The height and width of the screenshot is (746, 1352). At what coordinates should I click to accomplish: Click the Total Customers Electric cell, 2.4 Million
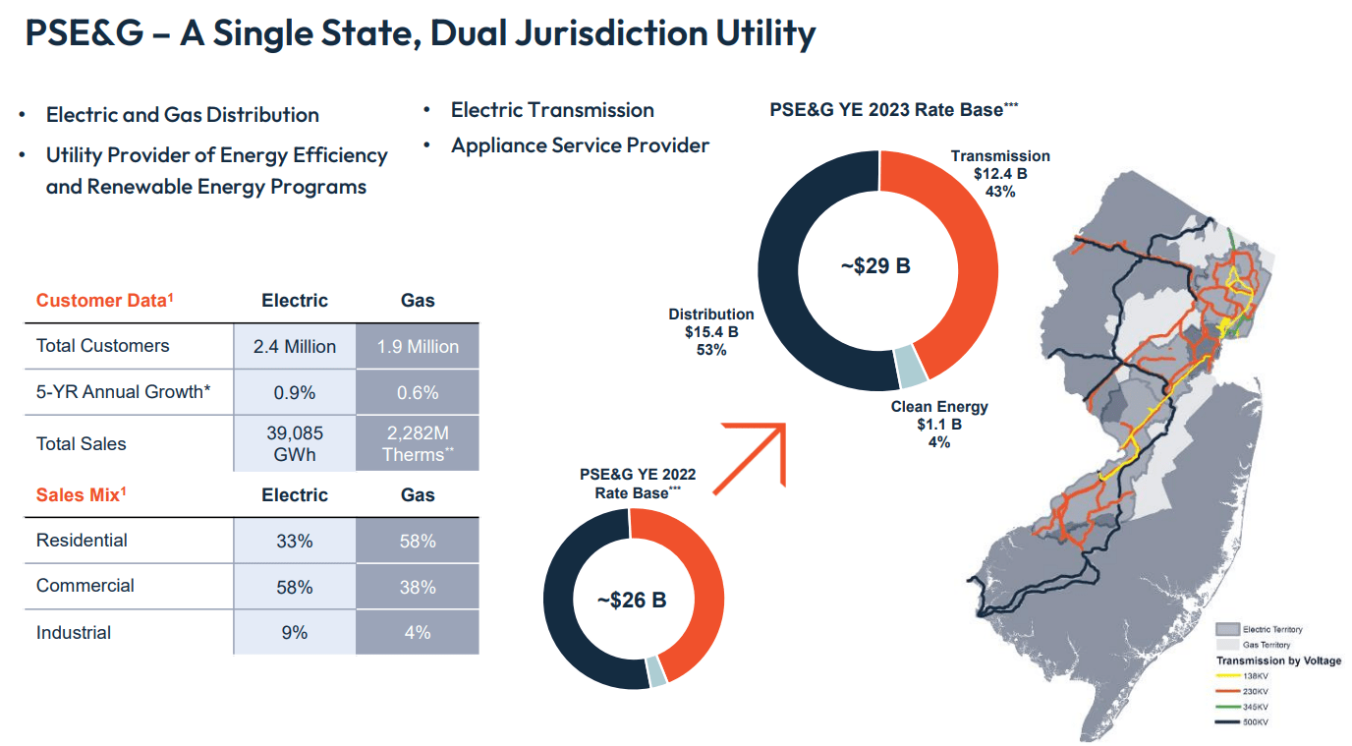pyautogui.click(x=295, y=346)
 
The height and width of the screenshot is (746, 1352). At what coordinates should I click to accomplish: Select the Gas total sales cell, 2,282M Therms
pyautogui.click(x=418, y=443)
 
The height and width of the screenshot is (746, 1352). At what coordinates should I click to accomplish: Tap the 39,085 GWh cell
pyautogui.click(x=295, y=443)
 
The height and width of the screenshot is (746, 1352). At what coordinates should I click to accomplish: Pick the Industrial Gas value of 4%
pyautogui.click(x=418, y=632)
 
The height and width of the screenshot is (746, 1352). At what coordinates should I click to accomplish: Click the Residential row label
pyautogui.click(x=82, y=541)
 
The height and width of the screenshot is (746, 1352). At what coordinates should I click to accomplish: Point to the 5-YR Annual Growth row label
pyautogui.click(x=124, y=392)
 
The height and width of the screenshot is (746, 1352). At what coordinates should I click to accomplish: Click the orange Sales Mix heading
pyautogui.click(x=82, y=495)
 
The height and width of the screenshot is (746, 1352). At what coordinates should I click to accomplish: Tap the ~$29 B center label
pyautogui.click(x=875, y=265)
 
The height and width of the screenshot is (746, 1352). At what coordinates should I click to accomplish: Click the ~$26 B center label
pyautogui.click(x=632, y=600)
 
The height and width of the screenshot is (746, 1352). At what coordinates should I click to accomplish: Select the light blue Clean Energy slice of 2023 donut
pyautogui.click(x=911, y=367)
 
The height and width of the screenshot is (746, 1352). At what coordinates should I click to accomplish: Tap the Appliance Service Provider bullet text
pyautogui.click(x=580, y=145)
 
